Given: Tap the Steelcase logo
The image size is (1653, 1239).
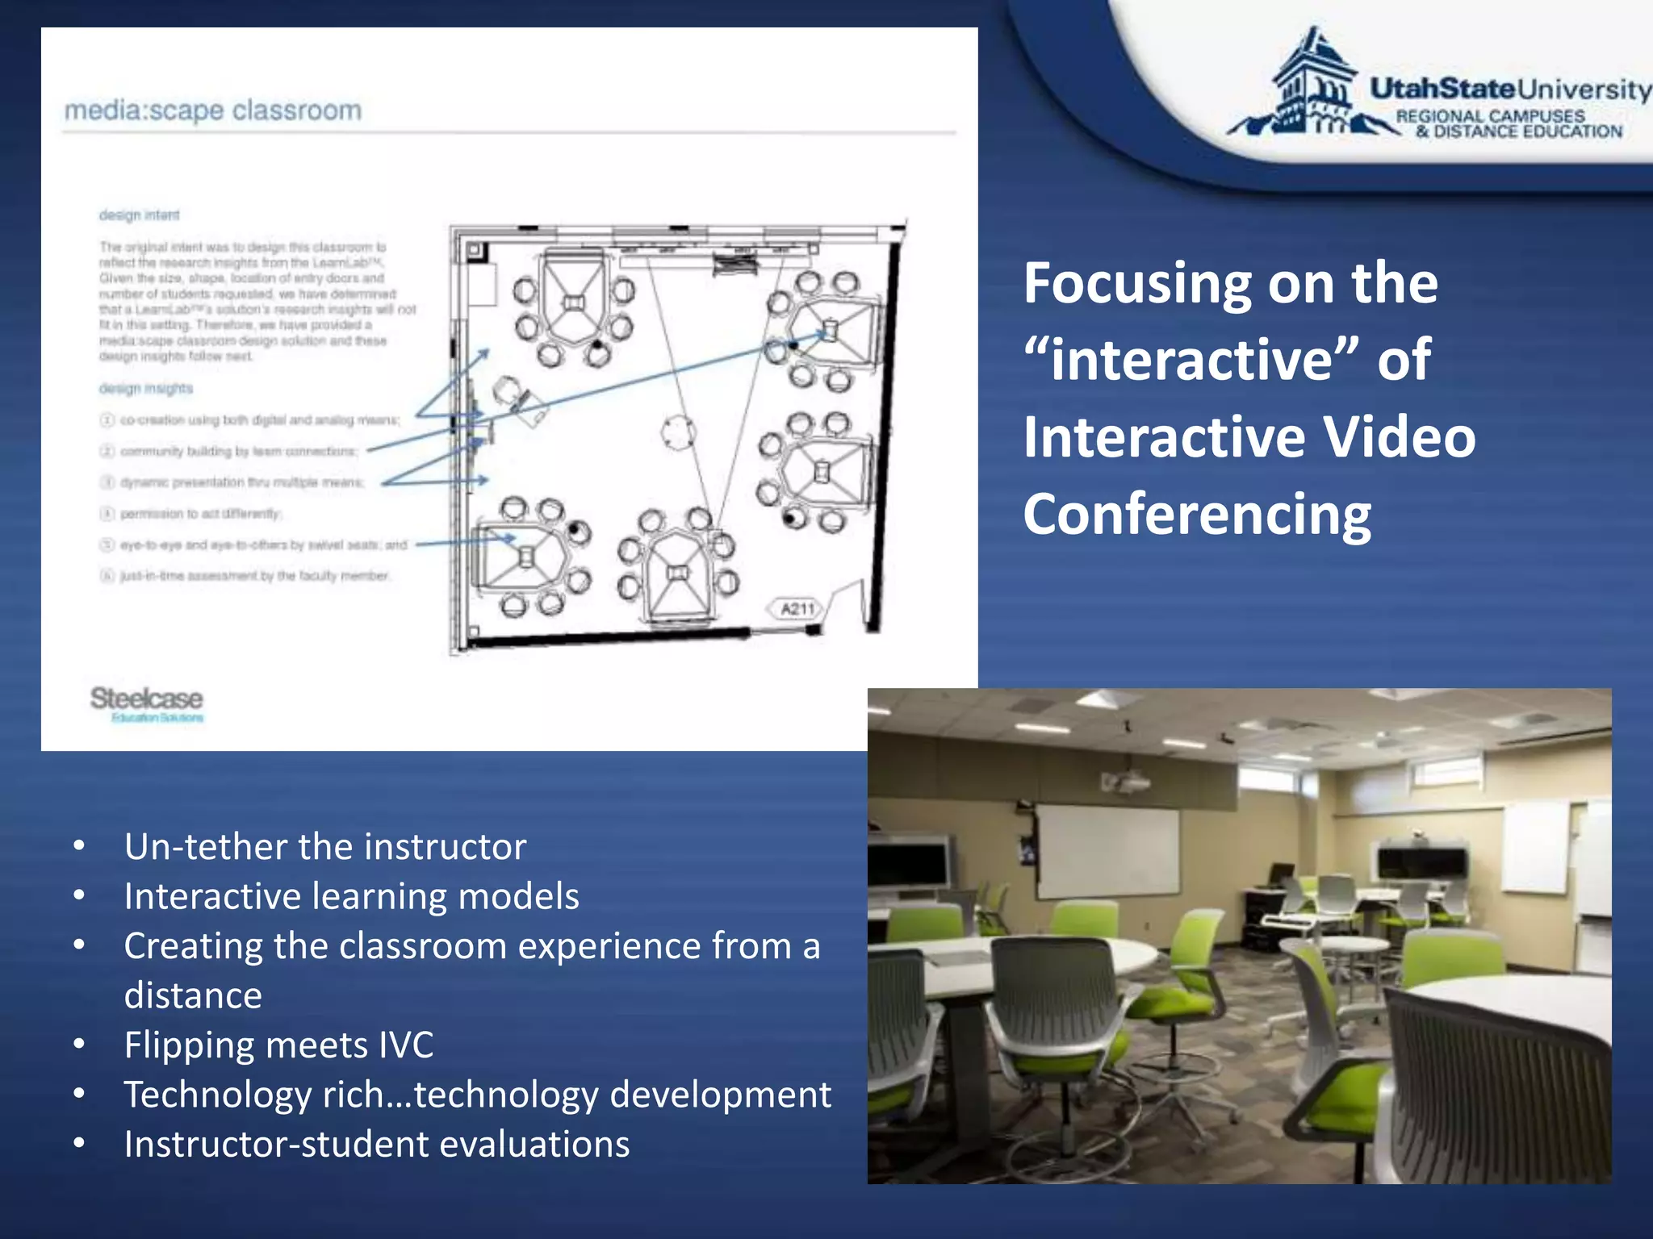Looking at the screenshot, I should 146,699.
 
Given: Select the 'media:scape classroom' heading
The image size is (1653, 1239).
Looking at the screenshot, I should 213,111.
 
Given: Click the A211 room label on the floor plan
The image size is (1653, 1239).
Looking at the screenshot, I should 797,609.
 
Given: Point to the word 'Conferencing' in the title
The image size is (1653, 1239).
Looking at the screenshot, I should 1197,514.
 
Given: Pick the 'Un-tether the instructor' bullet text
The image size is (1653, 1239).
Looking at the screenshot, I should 324,847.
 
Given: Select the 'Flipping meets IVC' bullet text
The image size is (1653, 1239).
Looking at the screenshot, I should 278,1045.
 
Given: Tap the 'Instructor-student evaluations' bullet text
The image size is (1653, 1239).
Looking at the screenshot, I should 376,1145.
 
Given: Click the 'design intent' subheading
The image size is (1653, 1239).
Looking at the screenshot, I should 139,215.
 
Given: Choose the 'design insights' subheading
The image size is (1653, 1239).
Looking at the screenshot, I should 146,389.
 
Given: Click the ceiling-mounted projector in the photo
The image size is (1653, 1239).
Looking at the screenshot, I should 1126,782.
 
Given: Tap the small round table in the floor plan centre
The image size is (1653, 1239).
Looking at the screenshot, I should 678,432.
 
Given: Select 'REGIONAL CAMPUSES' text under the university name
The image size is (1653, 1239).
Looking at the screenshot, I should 1490,116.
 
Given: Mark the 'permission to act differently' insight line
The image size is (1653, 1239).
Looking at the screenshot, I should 199,514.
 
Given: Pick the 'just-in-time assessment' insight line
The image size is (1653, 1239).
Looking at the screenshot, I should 254,576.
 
